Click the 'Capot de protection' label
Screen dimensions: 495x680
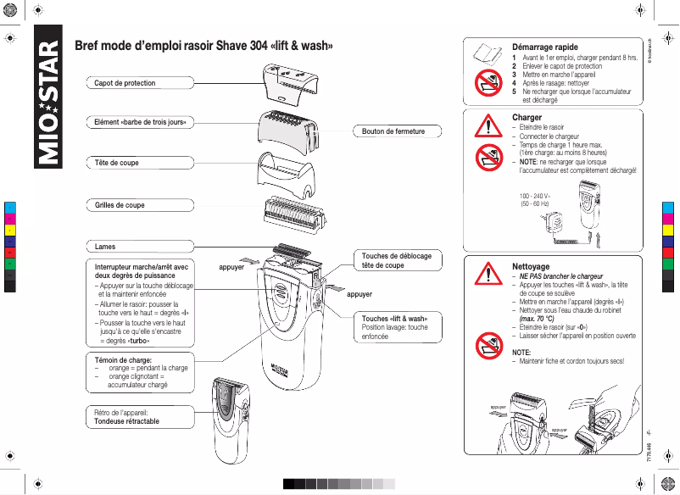[x=125, y=83]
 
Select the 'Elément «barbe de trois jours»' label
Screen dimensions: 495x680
[x=141, y=123]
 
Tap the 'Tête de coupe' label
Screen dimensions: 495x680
[x=116, y=162]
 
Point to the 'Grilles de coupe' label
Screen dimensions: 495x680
[x=120, y=205]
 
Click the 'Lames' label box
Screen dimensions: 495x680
[x=105, y=246]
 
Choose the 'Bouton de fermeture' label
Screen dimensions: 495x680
[x=387, y=131]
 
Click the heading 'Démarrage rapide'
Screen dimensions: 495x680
[x=545, y=47]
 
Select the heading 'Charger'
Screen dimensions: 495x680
[x=527, y=117]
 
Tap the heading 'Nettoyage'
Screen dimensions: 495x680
[x=531, y=266]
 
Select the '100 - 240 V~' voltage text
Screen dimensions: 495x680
[x=534, y=196]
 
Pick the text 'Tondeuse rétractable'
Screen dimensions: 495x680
[x=126, y=421]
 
